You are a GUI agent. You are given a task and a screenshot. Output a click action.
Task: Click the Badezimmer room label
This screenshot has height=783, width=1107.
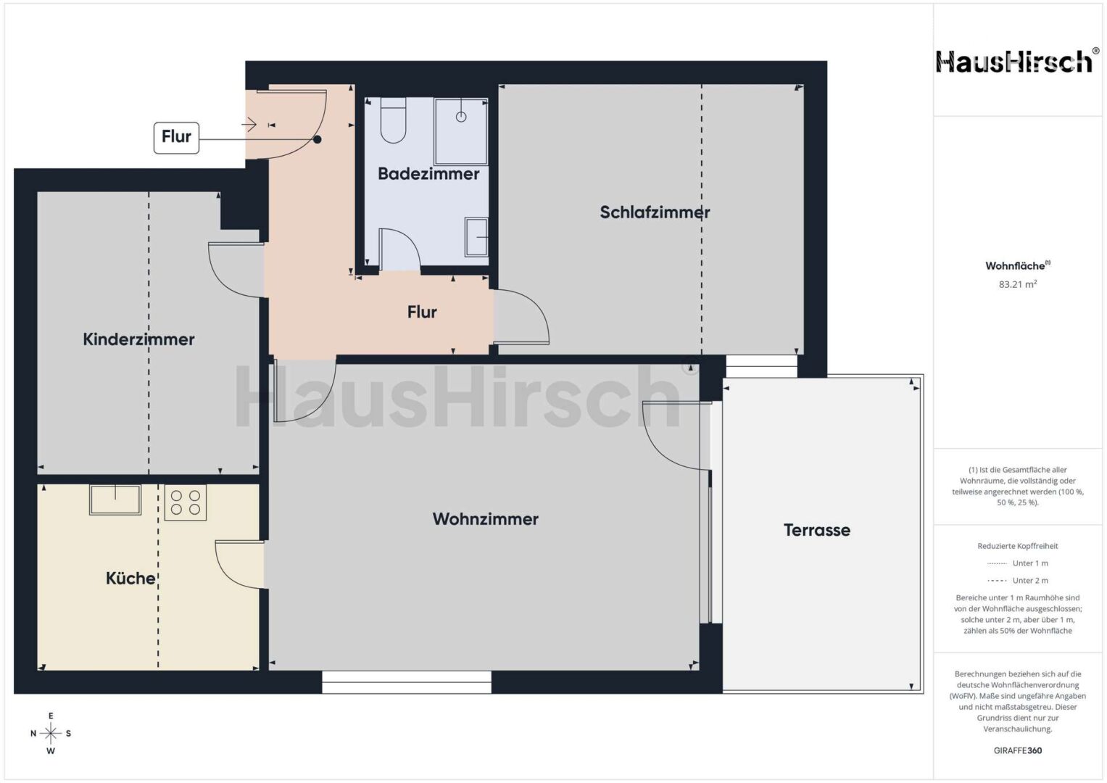[428, 173]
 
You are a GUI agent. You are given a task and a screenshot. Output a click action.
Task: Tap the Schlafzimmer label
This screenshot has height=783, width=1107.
[655, 212]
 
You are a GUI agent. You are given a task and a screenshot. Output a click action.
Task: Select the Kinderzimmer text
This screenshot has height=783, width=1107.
[138, 339]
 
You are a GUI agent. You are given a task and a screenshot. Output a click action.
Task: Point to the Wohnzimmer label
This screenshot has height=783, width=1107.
[485, 519]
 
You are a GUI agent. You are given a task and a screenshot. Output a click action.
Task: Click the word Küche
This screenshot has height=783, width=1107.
[130, 578]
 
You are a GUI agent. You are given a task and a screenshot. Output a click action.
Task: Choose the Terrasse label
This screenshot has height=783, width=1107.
[817, 530]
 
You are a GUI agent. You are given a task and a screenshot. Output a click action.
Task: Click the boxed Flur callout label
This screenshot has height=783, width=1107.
[176, 138]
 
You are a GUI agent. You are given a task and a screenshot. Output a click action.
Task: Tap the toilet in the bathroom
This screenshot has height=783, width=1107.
[394, 120]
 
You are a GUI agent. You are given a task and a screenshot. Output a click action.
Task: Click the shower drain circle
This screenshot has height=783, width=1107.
[461, 117]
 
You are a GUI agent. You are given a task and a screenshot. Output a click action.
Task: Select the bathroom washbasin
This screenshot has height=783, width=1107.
[476, 237]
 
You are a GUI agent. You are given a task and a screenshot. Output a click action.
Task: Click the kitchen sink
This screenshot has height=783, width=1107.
[115, 500]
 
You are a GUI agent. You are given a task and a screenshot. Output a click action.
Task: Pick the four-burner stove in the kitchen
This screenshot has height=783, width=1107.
[186, 502]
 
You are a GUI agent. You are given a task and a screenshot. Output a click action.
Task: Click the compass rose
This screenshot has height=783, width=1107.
[51, 733]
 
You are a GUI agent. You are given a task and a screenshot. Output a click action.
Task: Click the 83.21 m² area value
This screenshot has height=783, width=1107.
[1018, 284]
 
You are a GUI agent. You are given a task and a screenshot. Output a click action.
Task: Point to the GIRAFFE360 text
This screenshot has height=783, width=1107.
[1018, 750]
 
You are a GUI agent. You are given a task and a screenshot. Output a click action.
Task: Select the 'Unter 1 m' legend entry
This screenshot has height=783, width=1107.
[1018, 563]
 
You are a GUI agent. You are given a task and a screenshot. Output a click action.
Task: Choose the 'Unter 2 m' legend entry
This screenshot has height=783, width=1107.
[1018, 580]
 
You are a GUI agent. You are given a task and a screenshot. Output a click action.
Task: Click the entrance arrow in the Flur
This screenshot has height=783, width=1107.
[249, 125]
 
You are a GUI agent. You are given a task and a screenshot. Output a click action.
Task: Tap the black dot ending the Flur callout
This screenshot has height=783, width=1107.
[318, 139]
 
